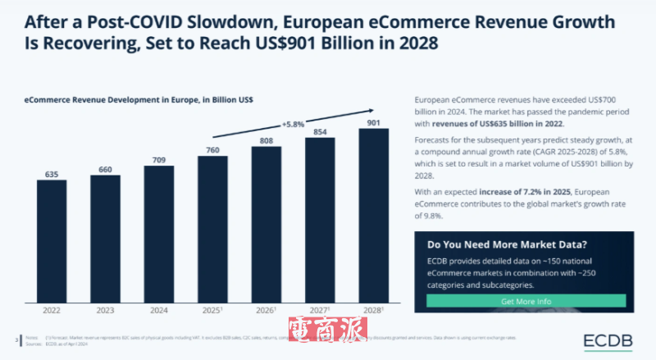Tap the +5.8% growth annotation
tap(293, 124)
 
